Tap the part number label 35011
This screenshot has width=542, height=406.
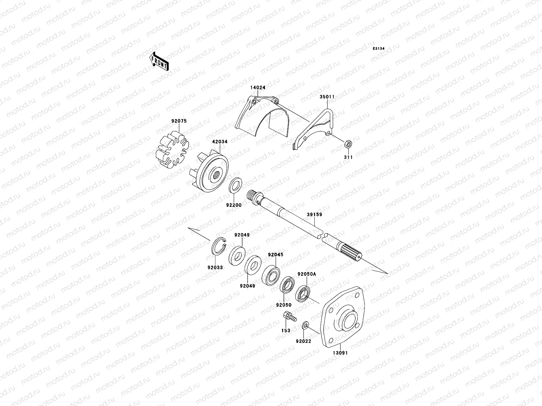[327, 96]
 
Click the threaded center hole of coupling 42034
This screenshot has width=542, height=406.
[214, 175]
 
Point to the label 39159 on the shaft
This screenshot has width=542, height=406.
[314, 215]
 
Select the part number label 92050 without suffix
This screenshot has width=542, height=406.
[284, 305]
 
